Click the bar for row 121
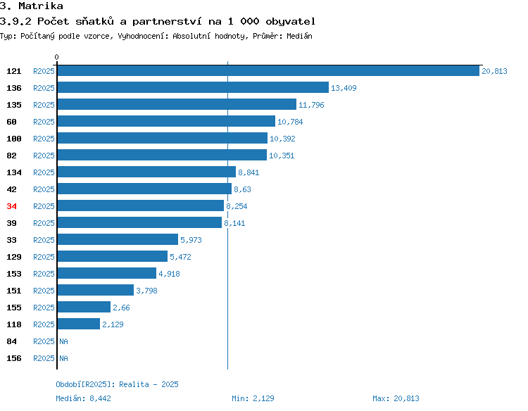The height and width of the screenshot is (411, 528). [268, 70]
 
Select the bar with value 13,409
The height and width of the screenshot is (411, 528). [193, 87]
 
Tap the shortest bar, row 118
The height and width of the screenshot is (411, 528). [79, 324]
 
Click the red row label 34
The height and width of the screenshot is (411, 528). [11, 206]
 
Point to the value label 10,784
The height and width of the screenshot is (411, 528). [290, 122]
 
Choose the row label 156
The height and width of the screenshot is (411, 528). [14, 358]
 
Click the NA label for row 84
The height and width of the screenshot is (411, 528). [63, 341]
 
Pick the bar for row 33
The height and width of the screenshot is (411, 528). [118, 239]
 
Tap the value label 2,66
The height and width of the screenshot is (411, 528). [121, 308]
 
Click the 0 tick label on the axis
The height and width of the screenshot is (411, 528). [56, 57]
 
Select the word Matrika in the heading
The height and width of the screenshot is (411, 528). [41, 6]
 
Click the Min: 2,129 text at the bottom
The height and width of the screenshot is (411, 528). [253, 398]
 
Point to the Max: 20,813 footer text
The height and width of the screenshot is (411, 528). [396, 398]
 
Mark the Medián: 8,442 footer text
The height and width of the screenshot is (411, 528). [84, 398]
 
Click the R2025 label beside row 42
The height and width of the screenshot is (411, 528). [44, 189]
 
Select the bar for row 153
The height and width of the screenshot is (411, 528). [107, 273]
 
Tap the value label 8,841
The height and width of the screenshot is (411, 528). [249, 172]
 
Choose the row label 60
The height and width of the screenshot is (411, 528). [11, 122]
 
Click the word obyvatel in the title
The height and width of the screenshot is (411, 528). [291, 22]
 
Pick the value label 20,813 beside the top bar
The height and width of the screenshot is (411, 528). [494, 71]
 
